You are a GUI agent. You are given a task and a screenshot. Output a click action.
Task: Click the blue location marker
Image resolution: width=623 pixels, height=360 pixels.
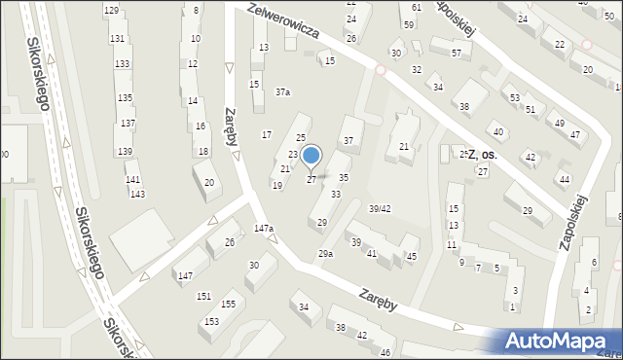point(311,156)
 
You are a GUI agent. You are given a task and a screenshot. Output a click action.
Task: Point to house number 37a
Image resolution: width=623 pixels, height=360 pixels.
point(282,92)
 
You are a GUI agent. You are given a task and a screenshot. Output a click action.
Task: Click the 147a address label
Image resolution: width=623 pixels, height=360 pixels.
point(264,229)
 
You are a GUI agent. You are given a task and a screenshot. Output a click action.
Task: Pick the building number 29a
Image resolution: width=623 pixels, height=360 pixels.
point(325,254)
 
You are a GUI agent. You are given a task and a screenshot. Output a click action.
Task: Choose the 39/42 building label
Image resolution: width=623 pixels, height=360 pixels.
point(380,208)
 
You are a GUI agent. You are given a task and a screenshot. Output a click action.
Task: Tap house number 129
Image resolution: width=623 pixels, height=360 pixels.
point(112,10)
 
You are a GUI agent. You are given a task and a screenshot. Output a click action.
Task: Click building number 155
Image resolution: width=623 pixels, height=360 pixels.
point(228,305)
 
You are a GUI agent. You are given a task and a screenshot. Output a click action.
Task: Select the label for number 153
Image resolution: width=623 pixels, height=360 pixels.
point(211,321)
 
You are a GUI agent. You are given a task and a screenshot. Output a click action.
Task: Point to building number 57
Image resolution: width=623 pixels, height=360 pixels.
point(456,53)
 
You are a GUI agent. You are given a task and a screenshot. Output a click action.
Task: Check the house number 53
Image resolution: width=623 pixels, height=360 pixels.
point(514,98)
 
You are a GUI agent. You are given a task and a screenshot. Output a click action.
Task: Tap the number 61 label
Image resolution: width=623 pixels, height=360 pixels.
point(417,8)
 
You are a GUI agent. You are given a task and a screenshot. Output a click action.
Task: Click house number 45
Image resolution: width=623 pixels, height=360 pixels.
point(412,256)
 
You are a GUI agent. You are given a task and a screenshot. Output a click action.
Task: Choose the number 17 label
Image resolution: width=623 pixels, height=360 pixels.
point(267,134)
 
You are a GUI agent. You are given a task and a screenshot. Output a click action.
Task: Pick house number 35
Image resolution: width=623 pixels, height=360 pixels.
point(344,177)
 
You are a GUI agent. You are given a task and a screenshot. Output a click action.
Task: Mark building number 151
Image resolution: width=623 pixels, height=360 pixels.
point(203,296)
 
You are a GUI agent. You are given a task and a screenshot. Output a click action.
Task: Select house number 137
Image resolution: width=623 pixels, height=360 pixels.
point(128,124)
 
